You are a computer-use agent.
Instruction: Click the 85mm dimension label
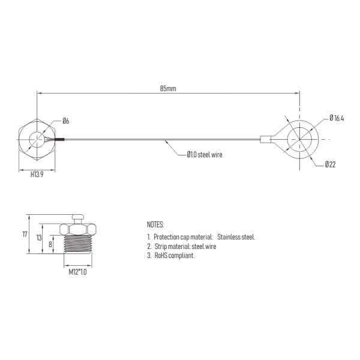coord(168,89)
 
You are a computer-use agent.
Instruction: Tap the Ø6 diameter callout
coord(65,121)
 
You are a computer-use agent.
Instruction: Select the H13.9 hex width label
coord(37,175)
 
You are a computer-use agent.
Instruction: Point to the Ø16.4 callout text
coord(337,118)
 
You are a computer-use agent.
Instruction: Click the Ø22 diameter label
coord(330,164)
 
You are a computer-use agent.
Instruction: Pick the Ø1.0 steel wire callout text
coord(205,155)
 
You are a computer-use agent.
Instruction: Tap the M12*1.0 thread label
coord(78,272)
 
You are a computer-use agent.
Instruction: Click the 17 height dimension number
coord(25,235)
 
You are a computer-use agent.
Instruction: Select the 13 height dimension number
coord(39,238)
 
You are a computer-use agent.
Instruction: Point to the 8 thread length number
coord(50,245)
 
